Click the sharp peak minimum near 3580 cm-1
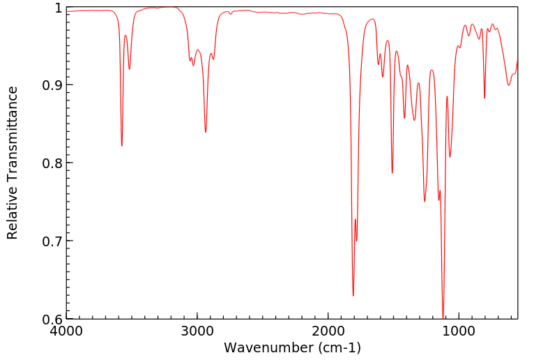click(122, 146)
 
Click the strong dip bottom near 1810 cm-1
click(353, 296)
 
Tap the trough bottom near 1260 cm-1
click(425, 202)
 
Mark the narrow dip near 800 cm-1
click(484, 98)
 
